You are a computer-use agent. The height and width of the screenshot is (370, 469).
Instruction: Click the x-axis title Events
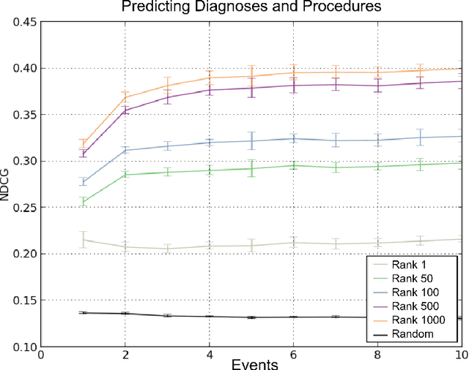click(x=251, y=363)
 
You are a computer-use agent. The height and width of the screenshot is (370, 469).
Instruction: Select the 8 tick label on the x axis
click(x=377, y=354)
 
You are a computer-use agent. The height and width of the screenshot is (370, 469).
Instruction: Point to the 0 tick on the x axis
click(x=41, y=354)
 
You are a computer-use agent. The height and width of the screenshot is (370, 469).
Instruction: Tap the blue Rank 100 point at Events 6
click(x=293, y=138)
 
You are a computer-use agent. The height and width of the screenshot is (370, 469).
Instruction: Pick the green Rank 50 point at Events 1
click(x=83, y=202)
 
